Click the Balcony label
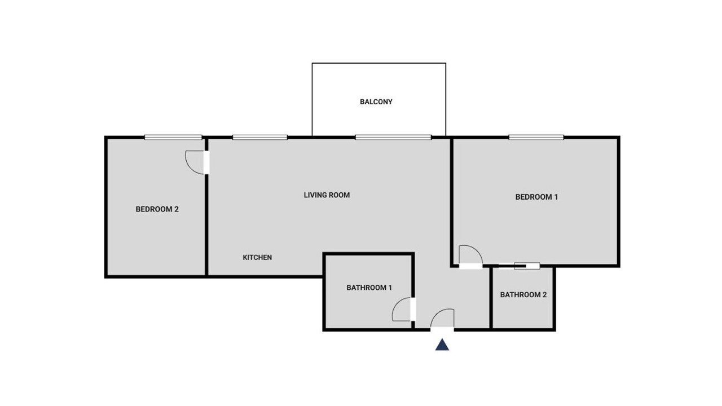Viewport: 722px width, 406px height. coord(376,102)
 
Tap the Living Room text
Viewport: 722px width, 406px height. coord(327,195)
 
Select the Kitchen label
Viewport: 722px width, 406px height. coord(257,258)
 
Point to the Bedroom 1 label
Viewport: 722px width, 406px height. coord(536,197)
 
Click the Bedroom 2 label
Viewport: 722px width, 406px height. coord(157,209)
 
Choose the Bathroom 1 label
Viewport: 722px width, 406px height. coord(369,288)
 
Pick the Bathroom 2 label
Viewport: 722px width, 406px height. coord(523,294)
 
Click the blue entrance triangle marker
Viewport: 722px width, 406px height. coord(442,345)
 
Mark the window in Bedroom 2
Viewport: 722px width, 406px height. coord(173,137)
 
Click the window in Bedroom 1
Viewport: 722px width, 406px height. coord(536,137)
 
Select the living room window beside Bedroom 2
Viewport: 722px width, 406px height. coord(260,137)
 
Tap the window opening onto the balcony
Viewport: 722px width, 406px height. coord(393,137)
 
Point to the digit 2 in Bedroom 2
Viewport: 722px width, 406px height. coord(177,209)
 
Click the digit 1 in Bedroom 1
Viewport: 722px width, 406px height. coord(556,197)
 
